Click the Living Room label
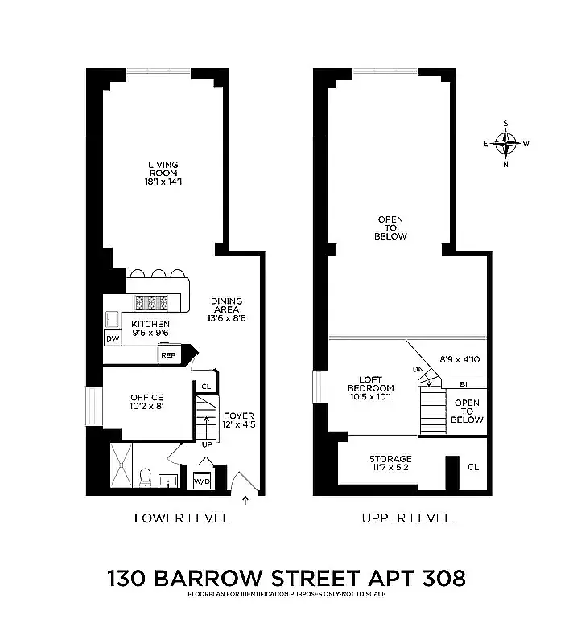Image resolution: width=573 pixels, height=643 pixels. (x=163, y=173)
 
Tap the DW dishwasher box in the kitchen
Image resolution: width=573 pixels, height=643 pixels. (x=113, y=338)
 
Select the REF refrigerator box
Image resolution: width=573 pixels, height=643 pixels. (x=168, y=354)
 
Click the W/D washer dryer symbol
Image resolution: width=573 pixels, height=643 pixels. (x=201, y=481)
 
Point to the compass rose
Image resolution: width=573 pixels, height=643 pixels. (x=506, y=144)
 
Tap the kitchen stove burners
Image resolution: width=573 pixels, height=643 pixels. (x=151, y=302)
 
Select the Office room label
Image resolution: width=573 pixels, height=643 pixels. (x=146, y=402)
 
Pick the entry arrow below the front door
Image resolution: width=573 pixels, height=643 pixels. (x=245, y=502)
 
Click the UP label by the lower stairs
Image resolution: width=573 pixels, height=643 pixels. (x=207, y=444)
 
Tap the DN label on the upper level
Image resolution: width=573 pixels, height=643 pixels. (x=418, y=369)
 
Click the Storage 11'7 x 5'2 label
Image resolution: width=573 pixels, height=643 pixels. (x=390, y=463)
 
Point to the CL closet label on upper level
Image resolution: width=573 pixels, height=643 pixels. (x=473, y=466)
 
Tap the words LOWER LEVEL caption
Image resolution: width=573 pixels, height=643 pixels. (x=182, y=518)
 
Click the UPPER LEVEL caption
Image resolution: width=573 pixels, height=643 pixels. (x=406, y=518)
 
